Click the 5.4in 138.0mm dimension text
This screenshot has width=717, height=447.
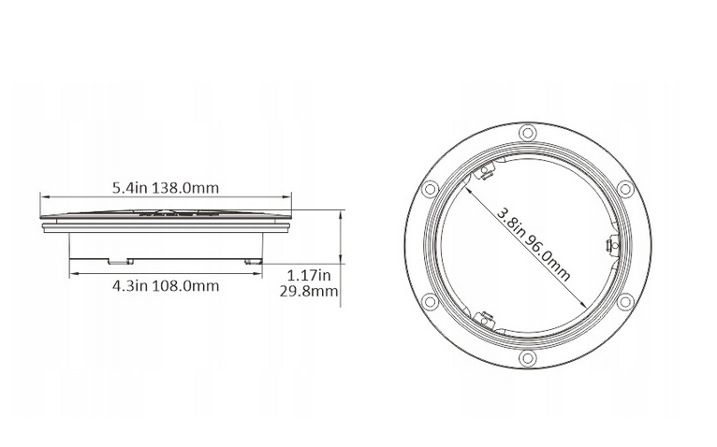[x=165, y=187]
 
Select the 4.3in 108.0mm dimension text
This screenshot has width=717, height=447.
[x=165, y=285]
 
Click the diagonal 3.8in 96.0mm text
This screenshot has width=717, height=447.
[x=534, y=244]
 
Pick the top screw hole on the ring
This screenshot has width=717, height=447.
[x=526, y=132]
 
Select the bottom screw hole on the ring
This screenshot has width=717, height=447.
[x=527, y=358]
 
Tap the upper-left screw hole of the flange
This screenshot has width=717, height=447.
[x=430, y=188]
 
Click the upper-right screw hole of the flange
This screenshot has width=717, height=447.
[x=623, y=188]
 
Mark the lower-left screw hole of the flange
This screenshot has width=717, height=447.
[x=430, y=301]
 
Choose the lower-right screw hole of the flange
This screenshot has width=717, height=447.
[x=623, y=301]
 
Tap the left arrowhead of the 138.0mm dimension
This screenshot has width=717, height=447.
[x=43, y=196]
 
